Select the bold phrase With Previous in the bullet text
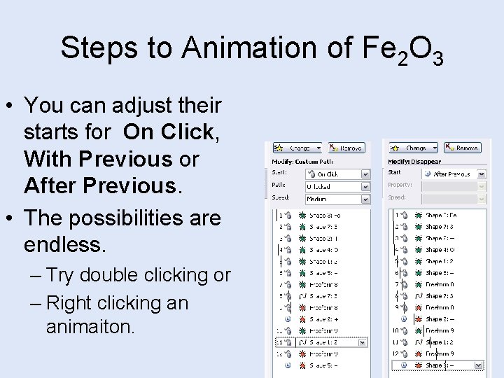pos(97,159)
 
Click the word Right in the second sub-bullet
pos(80,302)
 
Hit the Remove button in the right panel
pos(463,148)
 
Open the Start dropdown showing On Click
pos(336,174)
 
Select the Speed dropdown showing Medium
pos(336,199)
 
